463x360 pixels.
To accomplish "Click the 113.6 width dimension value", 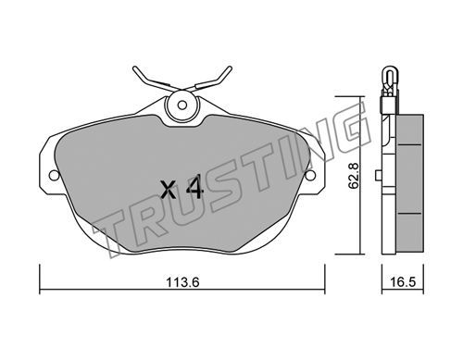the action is [x=182, y=281].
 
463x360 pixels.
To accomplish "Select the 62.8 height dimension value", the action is [x=353, y=176].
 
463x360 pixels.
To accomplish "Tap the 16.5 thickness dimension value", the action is [x=403, y=281].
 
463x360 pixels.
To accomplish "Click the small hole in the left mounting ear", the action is [x=54, y=176].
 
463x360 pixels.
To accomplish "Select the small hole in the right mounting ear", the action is [x=310, y=176].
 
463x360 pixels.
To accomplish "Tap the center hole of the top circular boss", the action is [x=182, y=106].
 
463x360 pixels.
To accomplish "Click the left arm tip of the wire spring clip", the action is [x=134, y=68].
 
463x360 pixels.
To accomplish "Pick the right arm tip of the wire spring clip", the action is [x=230, y=68].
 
